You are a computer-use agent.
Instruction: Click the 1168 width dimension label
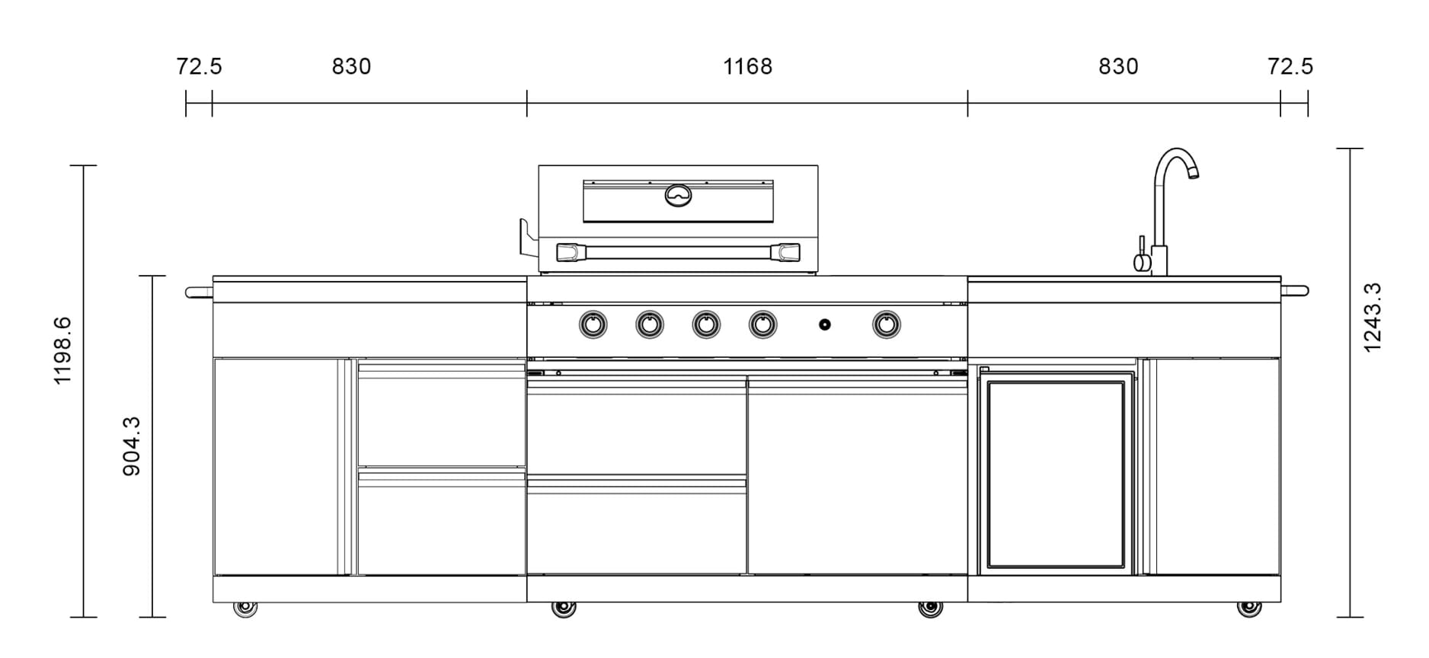point(747,67)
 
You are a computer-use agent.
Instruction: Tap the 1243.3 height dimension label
point(1372,317)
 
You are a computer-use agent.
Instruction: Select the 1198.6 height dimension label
point(62,350)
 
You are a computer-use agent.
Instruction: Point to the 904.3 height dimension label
point(132,446)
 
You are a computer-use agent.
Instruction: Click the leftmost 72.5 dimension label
point(199,67)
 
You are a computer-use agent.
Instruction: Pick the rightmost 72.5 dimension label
point(1290,67)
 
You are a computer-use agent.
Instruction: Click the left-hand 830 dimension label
point(351,67)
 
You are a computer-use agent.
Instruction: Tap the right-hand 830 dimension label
point(1118,67)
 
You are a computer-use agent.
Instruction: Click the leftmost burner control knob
point(593,325)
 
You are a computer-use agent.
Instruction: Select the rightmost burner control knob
point(886,325)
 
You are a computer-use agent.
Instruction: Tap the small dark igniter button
point(825,325)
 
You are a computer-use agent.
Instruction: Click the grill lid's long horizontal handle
point(678,252)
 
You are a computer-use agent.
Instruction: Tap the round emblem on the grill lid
point(678,195)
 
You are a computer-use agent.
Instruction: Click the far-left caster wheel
point(245,608)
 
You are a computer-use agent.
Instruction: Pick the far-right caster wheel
point(1249,608)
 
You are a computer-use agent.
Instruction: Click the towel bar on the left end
point(199,292)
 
